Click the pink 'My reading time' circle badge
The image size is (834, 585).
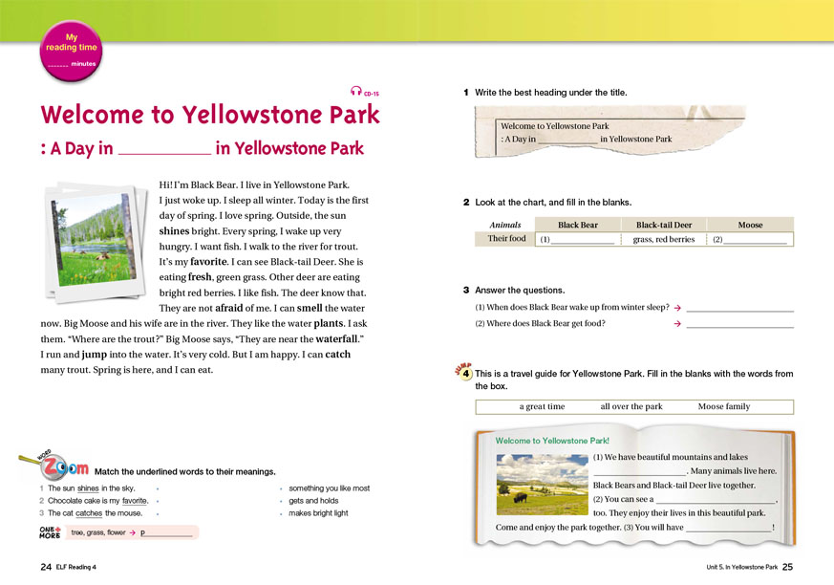coord(71,50)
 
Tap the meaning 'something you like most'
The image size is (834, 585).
coord(329,487)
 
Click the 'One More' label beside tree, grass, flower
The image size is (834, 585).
coord(50,532)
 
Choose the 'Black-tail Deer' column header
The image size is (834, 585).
coord(664,225)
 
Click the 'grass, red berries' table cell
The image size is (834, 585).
coord(664,240)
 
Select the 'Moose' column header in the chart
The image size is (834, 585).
coord(750,225)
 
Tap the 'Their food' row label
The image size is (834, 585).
coord(506,239)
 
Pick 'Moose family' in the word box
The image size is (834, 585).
coord(723,406)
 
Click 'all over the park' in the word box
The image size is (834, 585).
coord(631,406)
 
